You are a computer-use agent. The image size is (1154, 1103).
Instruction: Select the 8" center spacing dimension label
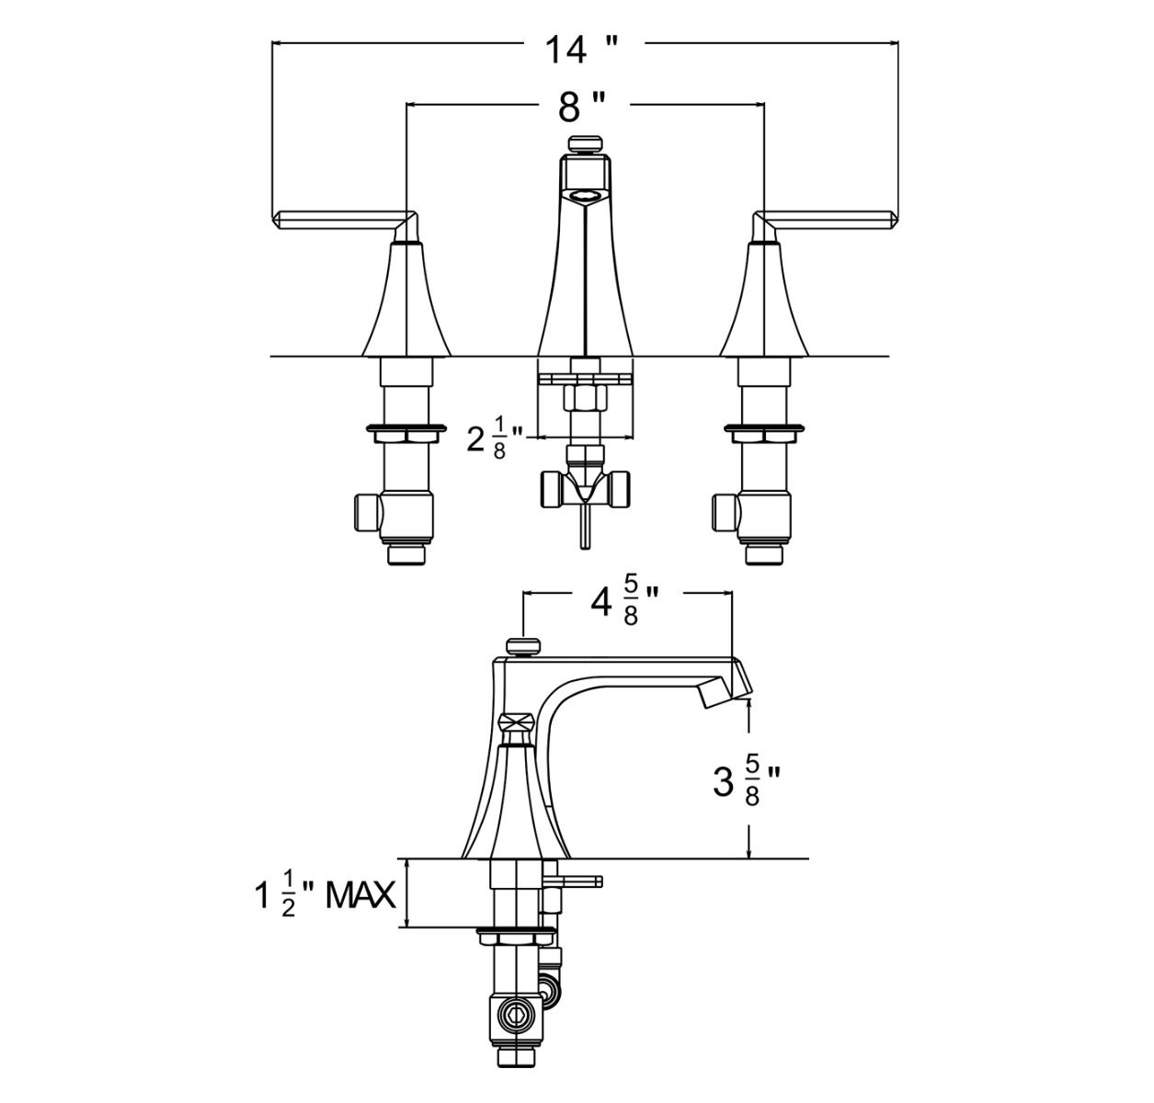[581, 108]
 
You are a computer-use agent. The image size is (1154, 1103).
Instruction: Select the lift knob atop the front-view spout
[585, 144]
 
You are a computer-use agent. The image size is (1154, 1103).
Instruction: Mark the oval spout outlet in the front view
[585, 195]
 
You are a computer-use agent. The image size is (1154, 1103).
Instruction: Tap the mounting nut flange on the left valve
[406, 428]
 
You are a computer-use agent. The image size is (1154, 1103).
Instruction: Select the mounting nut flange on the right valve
[764, 428]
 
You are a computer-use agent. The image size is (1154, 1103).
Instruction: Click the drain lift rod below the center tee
[585, 529]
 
